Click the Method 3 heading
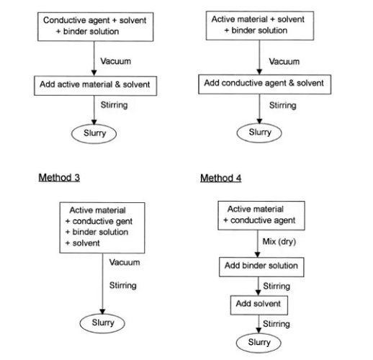point(59,178)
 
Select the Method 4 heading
point(221,178)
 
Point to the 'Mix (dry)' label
point(279,242)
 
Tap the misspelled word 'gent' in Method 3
point(124,222)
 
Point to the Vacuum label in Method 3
point(125,262)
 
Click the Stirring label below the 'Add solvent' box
point(277,324)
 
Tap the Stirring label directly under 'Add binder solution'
point(277,286)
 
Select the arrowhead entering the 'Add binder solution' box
point(258,255)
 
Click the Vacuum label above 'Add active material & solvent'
point(116,61)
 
